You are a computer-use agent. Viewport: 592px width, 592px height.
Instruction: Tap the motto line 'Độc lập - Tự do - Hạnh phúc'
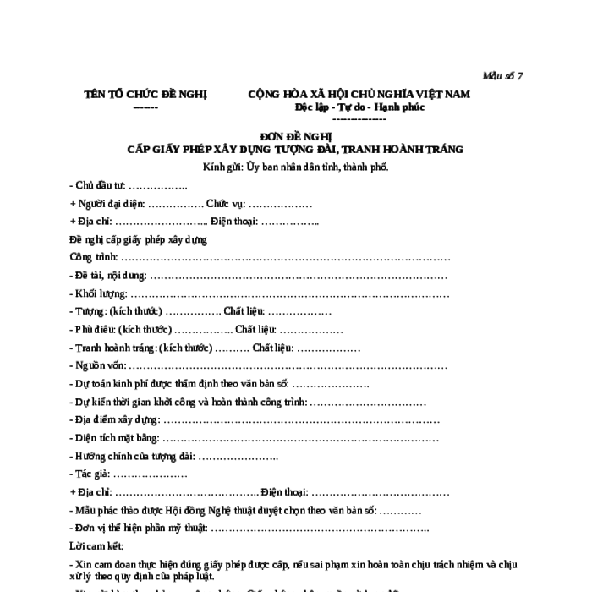[359, 107]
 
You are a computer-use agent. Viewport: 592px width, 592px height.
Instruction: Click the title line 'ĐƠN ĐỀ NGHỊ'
[295, 136]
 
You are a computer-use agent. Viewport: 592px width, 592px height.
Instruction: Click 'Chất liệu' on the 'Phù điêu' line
[255, 329]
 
